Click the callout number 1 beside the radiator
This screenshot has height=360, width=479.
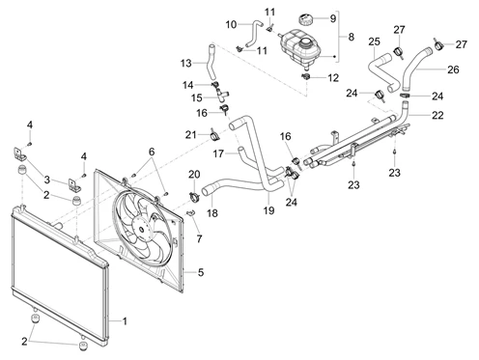pyautogui.click(x=125, y=321)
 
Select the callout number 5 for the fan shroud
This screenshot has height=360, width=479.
pyautogui.click(x=201, y=272)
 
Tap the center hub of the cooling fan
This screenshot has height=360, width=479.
pyautogui.click(x=142, y=230)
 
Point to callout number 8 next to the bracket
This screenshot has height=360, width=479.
pyautogui.click(x=351, y=37)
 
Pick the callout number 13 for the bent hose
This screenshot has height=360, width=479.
pyautogui.click(x=186, y=63)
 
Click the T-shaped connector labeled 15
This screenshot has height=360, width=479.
pyautogui.click(x=221, y=94)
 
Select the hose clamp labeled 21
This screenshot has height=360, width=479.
pyautogui.click(x=214, y=134)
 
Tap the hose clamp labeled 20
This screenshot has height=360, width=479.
pyautogui.click(x=194, y=196)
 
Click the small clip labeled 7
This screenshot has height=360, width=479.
pyautogui.click(x=191, y=212)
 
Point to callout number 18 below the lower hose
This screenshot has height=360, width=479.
pyautogui.click(x=212, y=213)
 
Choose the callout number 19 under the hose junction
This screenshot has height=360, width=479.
pyautogui.click(x=268, y=210)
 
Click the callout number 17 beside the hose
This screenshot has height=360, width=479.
pyautogui.click(x=218, y=153)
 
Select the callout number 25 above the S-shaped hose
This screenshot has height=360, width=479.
pyautogui.click(x=375, y=42)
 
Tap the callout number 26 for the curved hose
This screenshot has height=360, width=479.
pyautogui.click(x=453, y=69)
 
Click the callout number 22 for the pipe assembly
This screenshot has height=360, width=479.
pyautogui.click(x=437, y=115)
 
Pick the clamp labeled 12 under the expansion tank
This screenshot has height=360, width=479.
pyautogui.click(x=306, y=76)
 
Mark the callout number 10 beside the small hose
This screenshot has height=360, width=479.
pyautogui.click(x=231, y=24)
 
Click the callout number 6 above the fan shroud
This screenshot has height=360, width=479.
pyautogui.click(x=152, y=152)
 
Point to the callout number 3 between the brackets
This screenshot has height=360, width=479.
pyautogui.click(x=47, y=180)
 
